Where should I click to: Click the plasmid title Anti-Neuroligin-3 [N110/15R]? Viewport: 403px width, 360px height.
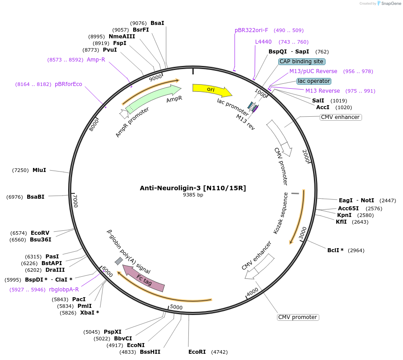coord(193,188)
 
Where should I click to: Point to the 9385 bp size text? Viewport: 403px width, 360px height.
coord(193,195)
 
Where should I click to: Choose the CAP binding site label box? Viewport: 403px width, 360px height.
coord(302,61)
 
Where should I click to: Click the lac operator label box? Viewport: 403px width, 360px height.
coord(314,81)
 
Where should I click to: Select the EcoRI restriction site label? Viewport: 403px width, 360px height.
coord(197,352)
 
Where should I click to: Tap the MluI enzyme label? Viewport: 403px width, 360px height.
coord(39,170)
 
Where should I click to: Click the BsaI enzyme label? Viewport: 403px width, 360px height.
coord(157,23)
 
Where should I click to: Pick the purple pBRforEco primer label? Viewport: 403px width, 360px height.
coord(68,84)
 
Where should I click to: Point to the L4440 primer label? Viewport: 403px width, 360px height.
coord(263,42)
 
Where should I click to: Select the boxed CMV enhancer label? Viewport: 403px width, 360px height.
coord(340,117)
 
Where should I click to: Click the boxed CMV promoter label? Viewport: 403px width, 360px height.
coord(298,317)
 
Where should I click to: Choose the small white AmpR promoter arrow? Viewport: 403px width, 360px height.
coord(124,114)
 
